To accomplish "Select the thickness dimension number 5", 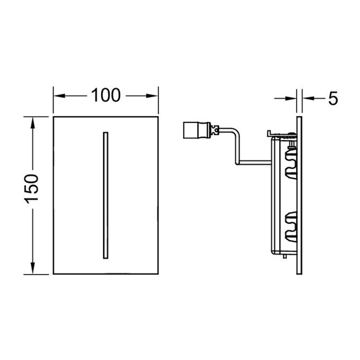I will tap(333, 97).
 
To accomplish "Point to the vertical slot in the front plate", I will tap(105, 194).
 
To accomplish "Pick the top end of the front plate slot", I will tap(105, 134).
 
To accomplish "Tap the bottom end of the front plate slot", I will tap(105, 255).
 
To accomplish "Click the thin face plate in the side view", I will tap(299, 195).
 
